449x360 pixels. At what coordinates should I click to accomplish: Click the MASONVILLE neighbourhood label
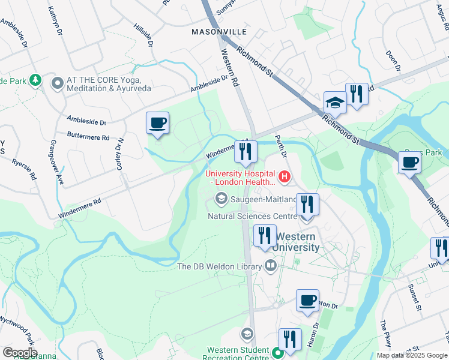pyautogui.click(x=219, y=31)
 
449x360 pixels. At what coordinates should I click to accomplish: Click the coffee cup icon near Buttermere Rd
pyautogui.click(x=158, y=123)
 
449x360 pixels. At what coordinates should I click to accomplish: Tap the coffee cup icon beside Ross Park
pyautogui.click(x=410, y=162)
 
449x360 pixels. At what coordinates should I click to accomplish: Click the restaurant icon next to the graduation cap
pyautogui.click(x=357, y=93)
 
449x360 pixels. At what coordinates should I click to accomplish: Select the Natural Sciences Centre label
pyautogui.click(x=252, y=216)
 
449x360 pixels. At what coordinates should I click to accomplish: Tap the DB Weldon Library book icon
pyautogui.click(x=271, y=266)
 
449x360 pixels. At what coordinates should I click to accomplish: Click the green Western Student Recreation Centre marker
pyautogui.click(x=277, y=353)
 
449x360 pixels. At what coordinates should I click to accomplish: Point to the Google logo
pyautogui.click(x=19, y=353)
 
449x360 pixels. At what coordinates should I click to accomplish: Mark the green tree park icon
pyautogui.click(x=36, y=80)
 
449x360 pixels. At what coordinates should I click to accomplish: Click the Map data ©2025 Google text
pyautogui.click(x=412, y=355)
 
